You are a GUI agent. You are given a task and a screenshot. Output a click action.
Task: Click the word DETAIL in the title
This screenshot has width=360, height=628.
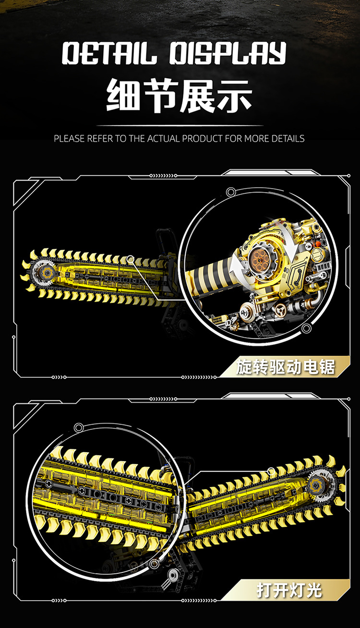click(x=109, y=53)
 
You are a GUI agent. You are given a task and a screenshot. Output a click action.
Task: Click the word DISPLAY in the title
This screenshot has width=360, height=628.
click(x=228, y=53)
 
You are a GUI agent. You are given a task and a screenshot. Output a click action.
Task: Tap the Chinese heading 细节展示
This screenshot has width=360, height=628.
click(x=179, y=96)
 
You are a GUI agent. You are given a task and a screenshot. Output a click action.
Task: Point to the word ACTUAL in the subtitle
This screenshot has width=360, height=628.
click(x=164, y=138)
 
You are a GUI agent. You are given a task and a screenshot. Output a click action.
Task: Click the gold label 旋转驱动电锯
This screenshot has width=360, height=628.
click(x=286, y=366)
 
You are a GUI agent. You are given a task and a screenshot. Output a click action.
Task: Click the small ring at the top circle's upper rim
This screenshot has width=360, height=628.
click(x=230, y=192)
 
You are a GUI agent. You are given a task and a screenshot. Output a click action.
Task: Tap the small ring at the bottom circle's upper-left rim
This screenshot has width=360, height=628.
click(x=79, y=427)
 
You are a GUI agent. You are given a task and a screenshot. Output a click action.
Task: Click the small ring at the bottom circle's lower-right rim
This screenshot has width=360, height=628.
click(x=154, y=564)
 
